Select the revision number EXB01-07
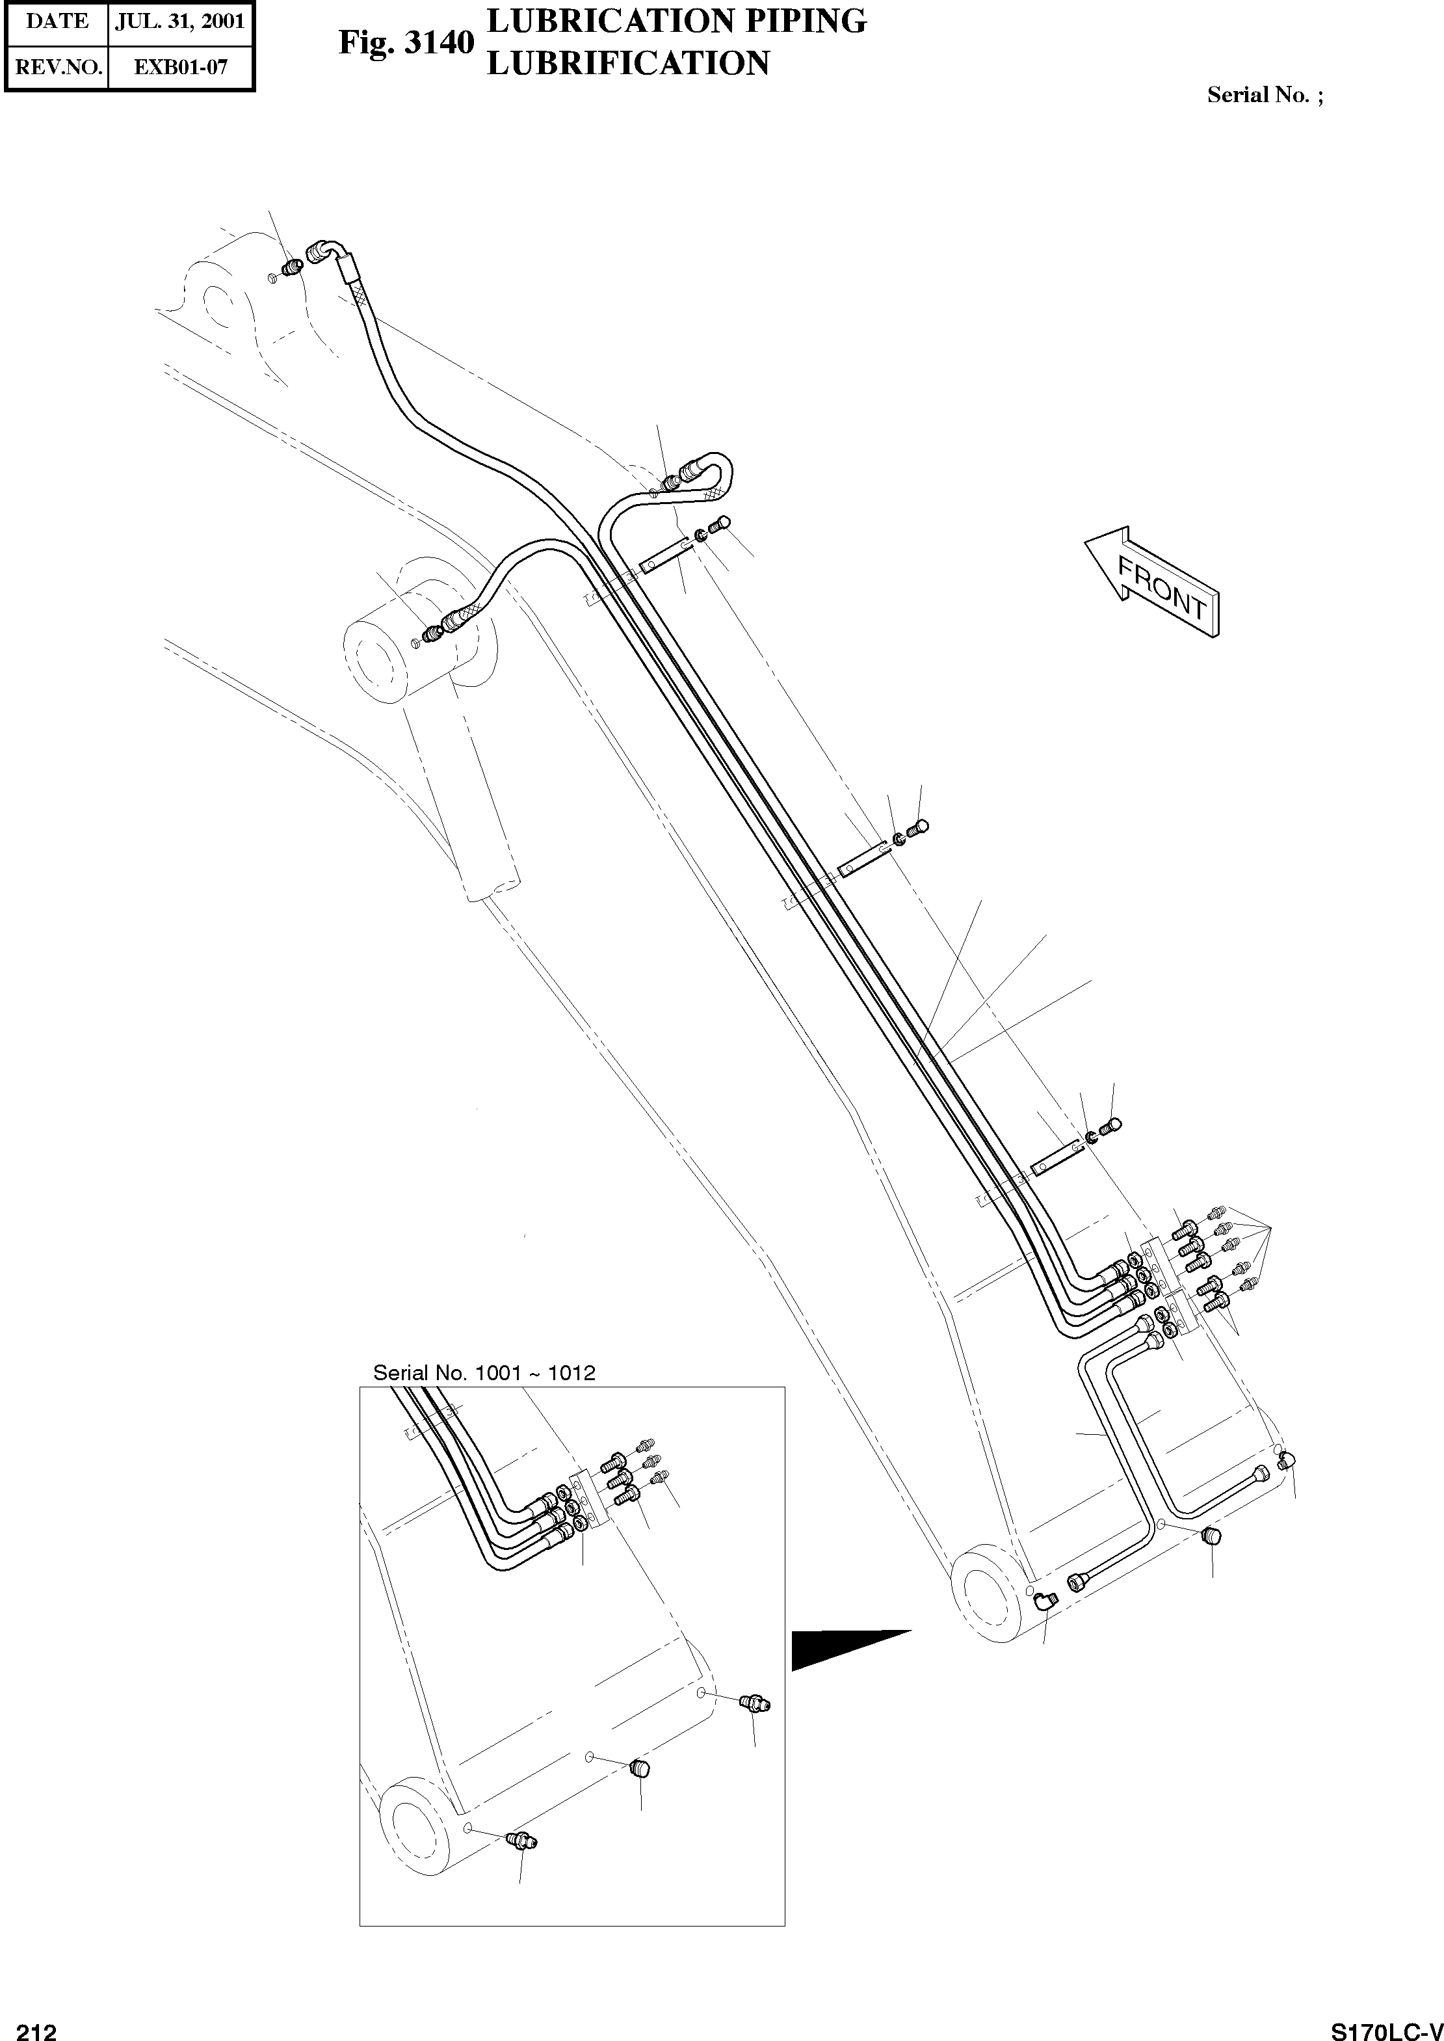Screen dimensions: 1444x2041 (181, 67)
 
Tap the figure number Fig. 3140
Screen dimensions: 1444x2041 (406, 43)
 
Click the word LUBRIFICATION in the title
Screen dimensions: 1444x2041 (628, 63)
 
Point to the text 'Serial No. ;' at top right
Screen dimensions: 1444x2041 (1265, 95)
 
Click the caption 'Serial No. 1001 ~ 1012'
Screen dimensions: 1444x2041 (484, 1372)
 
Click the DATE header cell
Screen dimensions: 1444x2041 (57, 21)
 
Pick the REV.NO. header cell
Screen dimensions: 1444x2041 (57, 67)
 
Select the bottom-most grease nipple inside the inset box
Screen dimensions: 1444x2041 (518, 1842)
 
